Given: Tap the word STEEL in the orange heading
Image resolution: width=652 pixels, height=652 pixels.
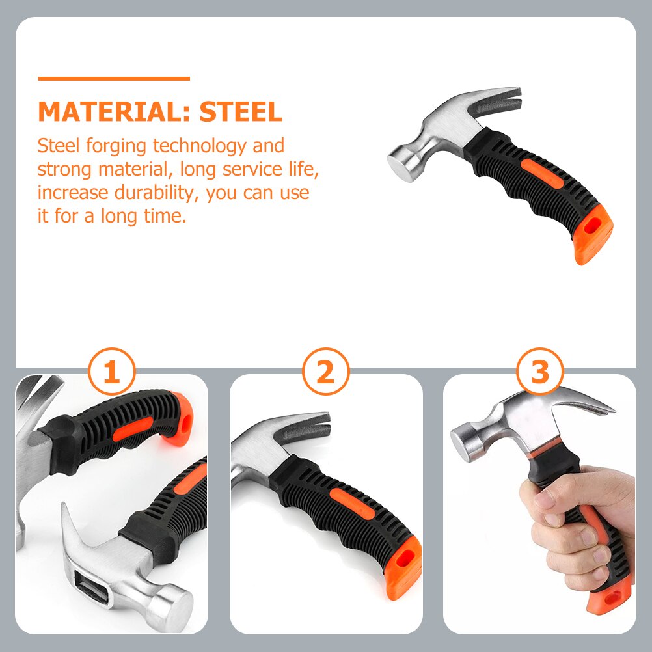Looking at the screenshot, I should coord(241,112).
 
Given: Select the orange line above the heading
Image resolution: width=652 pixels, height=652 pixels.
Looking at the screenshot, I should coord(114,79).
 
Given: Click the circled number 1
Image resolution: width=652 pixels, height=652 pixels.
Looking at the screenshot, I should coord(112,374).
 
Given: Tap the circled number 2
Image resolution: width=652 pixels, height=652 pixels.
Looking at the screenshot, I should coord(325,374).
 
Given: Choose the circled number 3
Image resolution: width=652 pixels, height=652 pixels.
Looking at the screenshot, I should coord(539,374).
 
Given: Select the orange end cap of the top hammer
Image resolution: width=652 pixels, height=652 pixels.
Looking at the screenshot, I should coord(593,238).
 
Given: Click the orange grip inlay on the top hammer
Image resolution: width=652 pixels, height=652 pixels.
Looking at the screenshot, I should coord(545,176).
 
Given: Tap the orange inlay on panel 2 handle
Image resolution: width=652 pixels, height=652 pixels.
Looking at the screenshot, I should coord(352,504).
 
